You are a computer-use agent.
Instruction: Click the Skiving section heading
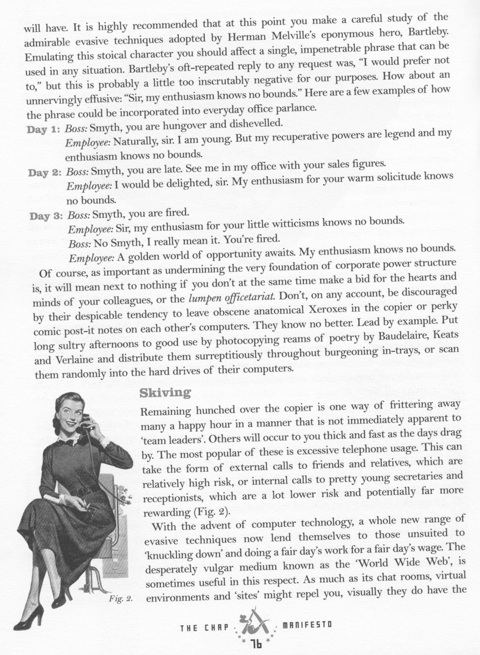click(158, 392)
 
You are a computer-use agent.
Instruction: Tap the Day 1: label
click(43, 129)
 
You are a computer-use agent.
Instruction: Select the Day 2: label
click(44, 173)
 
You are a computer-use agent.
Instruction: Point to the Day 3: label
click(45, 216)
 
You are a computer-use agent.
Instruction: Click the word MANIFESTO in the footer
click(307, 623)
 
